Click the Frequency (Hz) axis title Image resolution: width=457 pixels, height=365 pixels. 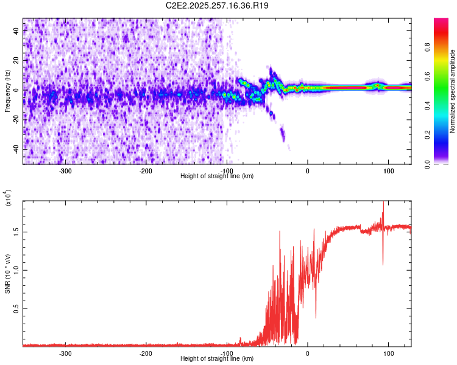pos(7,91)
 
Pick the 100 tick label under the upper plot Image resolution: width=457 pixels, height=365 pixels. pos(388,170)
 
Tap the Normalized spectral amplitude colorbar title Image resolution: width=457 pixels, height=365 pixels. pos(453,91)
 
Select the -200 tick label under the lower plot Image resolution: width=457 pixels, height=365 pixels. pos(146,353)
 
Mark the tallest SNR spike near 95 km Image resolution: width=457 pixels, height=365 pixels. pos(383,203)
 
